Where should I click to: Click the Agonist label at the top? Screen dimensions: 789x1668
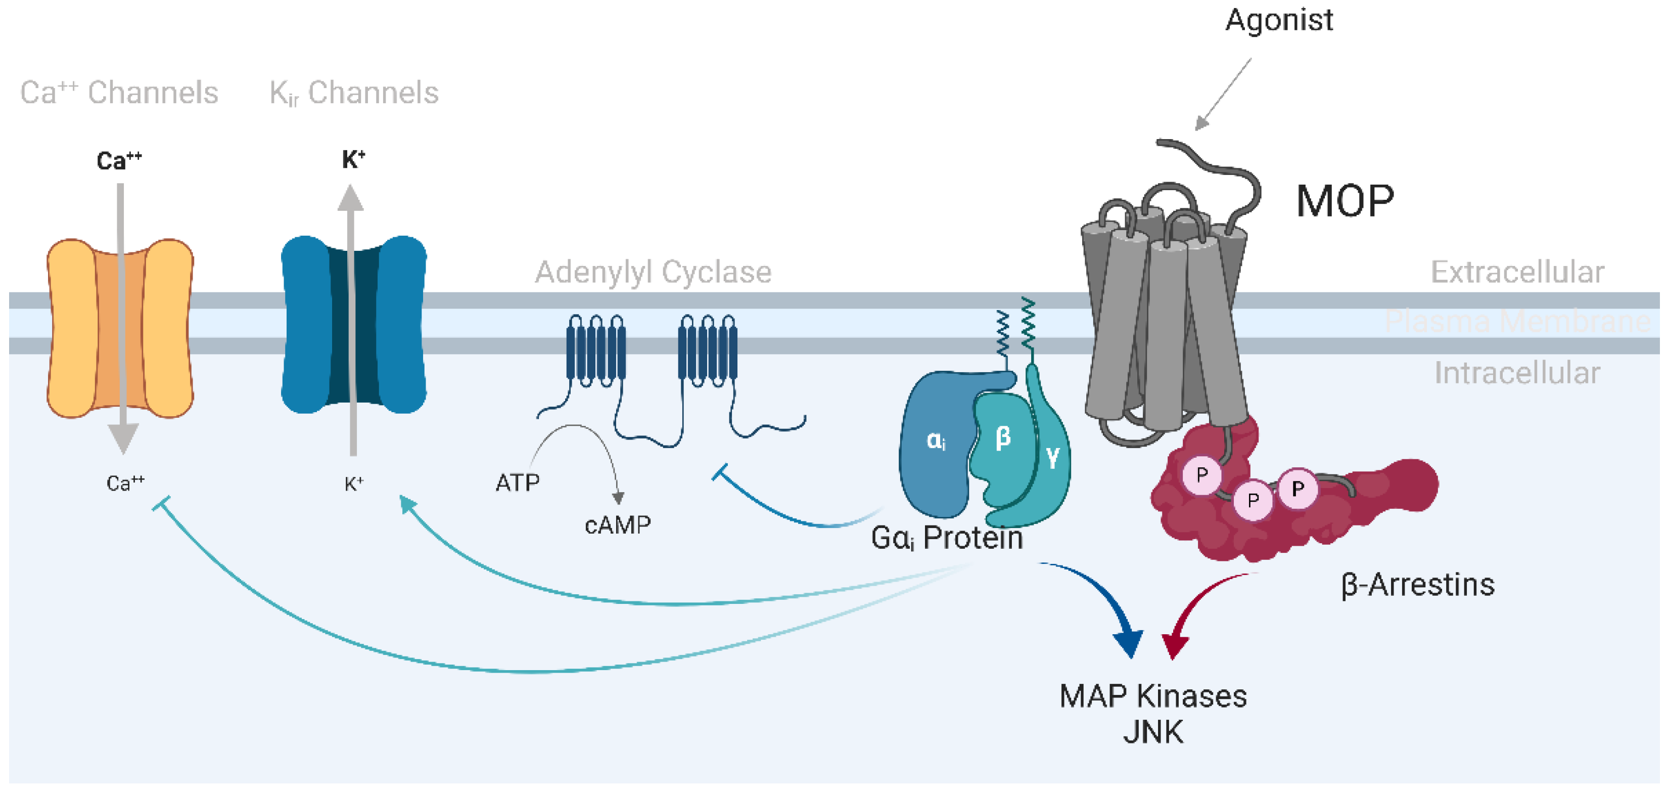1279,21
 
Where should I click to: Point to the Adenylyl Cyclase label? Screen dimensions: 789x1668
653,272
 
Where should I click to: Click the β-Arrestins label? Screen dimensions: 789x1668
1417,585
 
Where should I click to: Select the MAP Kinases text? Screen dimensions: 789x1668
1152,697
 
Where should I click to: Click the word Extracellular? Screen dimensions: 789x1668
1517,272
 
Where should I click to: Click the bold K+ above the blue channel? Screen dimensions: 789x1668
353,159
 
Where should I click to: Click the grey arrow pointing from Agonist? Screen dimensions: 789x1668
1223,95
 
